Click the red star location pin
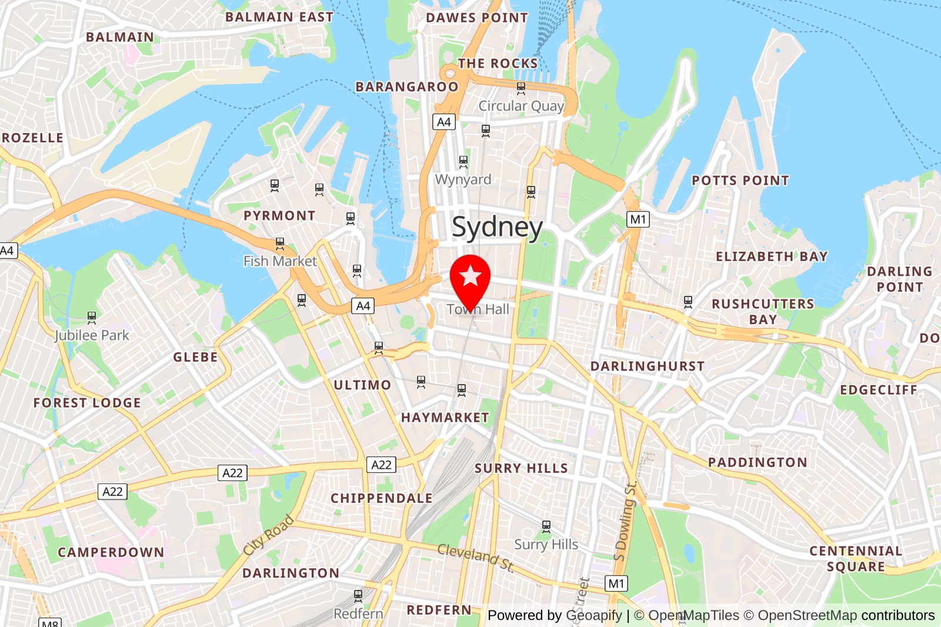click(470, 278)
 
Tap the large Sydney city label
click(497, 227)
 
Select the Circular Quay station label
click(520, 106)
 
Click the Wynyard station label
click(463, 179)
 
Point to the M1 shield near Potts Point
click(638, 219)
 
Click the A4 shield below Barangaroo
click(444, 122)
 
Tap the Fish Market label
click(280, 261)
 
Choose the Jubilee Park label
click(92, 335)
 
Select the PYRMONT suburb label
click(279, 216)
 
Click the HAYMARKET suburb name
click(445, 418)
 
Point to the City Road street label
click(269, 535)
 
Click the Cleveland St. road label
click(476, 557)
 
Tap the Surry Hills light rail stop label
click(546, 545)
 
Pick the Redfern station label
click(358, 613)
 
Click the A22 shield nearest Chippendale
click(381, 465)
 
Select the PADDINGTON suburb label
click(758, 462)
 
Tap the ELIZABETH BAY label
click(772, 256)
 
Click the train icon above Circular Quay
click(521, 88)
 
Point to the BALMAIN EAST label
click(279, 17)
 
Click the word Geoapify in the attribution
click(593, 615)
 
